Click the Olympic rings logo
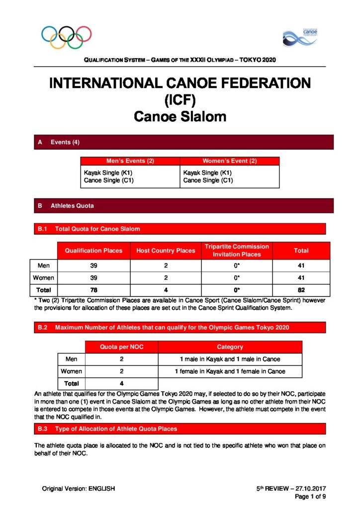coord(67,36)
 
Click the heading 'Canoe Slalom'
coord(180,117)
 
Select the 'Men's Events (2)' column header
coord(130,161)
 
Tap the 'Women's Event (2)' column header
coord(229,161)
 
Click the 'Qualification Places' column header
coord(93,251)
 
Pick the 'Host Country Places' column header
coord(166,251)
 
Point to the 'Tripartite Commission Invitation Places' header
coord(237,251)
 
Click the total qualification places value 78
coord(93,290)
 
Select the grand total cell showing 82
coord(301,290)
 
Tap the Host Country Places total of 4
coord(166,290)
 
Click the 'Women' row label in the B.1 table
coord(44,278)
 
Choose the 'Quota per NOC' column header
coord(121,347)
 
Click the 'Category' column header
coord(230,347)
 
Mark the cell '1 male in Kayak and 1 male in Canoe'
coord(230,359)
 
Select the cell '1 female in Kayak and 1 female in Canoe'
coord(230,371)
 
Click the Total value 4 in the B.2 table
coord(121,383)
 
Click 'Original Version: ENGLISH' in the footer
coord(79,489)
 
